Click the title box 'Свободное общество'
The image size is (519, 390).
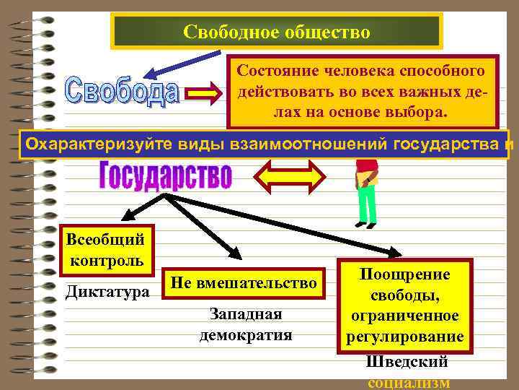[277, 32]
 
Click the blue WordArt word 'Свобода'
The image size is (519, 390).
[123, 92]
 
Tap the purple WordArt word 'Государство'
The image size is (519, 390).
[165, 175]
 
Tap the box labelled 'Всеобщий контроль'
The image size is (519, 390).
[105, 248]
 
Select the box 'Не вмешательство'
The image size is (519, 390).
[244, 284]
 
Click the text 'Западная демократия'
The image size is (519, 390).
[246, 324]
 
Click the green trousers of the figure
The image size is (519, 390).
[367, 204]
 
